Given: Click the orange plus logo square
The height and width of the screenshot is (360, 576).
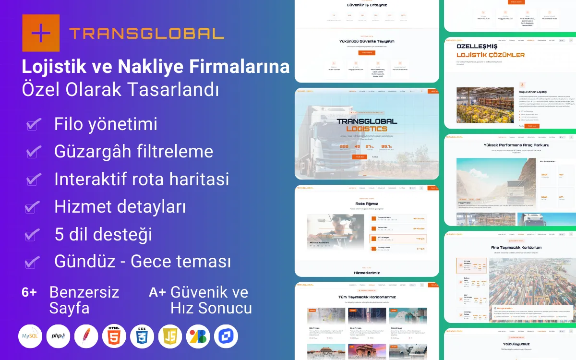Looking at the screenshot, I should pos(41,33).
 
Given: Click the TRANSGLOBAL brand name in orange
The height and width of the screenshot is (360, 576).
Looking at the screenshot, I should pos(146,33).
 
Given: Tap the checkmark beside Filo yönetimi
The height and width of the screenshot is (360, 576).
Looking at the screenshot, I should pos(33,125).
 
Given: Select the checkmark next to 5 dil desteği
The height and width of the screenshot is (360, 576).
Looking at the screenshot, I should pos(32,235).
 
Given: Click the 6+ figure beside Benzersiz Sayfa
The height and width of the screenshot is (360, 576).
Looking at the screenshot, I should pos(29,292).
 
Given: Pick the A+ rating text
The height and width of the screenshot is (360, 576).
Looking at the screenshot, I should pos(157,292).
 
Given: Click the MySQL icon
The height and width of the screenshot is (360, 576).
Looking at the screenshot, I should pos(30,336).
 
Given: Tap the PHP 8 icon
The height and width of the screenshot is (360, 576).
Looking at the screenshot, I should pos(58,336).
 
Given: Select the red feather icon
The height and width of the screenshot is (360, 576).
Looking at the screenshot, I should pos(86,336).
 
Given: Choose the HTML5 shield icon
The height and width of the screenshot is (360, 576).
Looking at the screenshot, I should pos(114,336).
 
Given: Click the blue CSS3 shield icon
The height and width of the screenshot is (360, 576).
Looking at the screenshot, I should pos(142,336).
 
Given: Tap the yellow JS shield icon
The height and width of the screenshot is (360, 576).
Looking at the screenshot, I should pos(170,336).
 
